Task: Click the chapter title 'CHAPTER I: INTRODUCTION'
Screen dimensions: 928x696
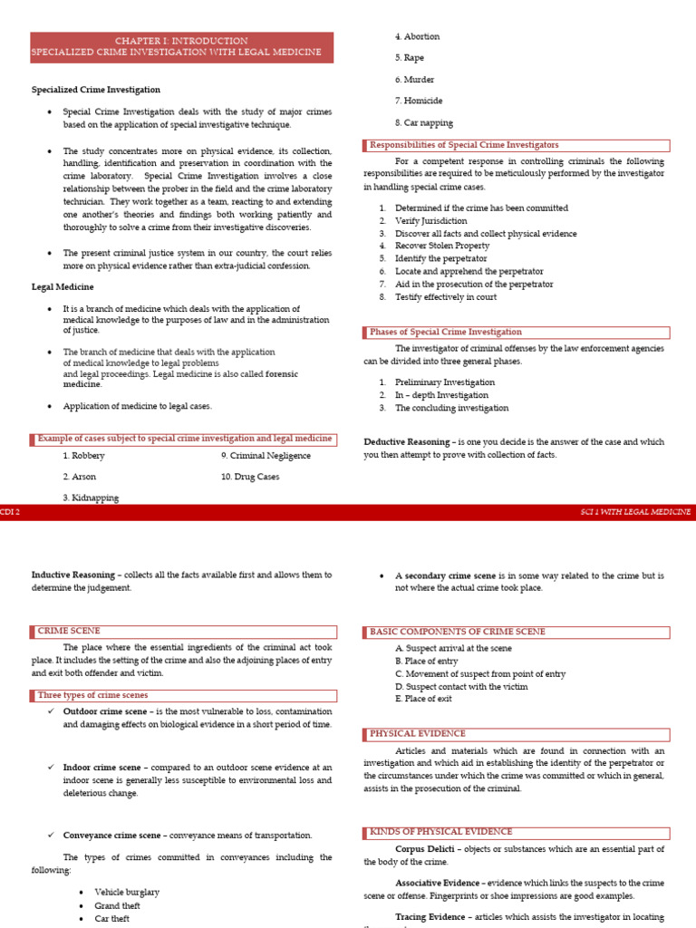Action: coord(181,41)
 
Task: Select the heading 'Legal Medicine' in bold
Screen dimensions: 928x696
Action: coord(63,287)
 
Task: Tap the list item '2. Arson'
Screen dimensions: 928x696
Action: coord(80,477)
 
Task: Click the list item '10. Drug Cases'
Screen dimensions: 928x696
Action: coord(250,477)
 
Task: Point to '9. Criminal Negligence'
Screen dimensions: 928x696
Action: coord(266,456)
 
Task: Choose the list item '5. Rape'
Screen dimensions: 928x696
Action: coord(410,58)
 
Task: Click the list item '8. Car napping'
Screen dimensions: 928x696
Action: coord(424,123)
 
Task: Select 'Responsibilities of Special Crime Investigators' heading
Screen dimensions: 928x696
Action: coord(464,145)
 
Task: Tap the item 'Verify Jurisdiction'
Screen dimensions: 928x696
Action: coord(431,221)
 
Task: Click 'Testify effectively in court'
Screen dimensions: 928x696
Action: coord(446,297)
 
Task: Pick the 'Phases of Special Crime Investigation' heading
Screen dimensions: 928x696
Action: coord(446,333)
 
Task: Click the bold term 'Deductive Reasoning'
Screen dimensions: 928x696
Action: coord(406,442)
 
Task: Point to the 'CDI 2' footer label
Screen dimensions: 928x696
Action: coord(11,512)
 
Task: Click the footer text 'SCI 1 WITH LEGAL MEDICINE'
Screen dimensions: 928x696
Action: coord(635,512)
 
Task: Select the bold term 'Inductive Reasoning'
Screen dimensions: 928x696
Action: coord(72,575)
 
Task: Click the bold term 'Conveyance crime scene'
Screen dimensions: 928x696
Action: coord(111,836)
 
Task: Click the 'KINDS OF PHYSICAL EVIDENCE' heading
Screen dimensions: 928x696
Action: coord(441,831)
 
